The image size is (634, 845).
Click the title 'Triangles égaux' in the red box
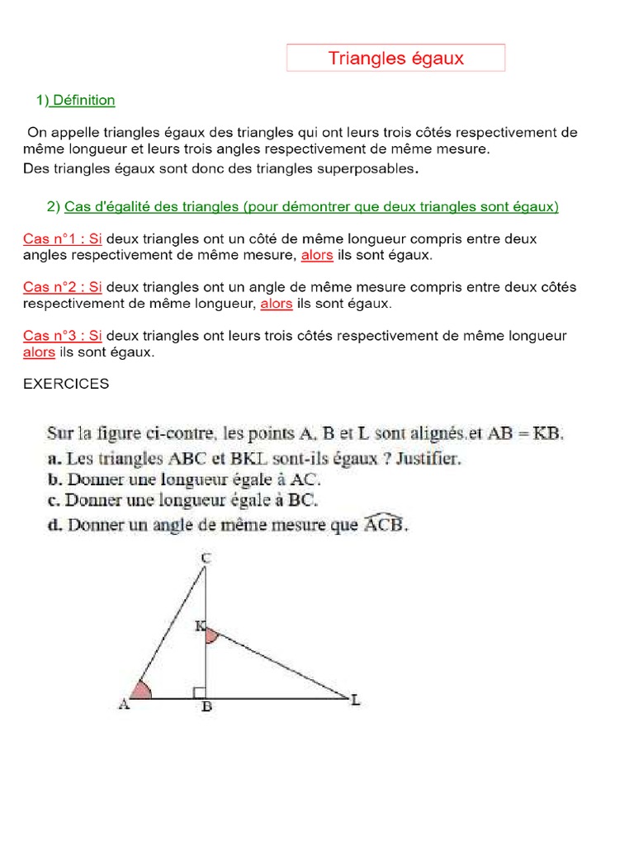395,58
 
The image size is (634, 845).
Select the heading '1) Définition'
75,101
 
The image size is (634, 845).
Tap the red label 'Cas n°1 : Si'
63,238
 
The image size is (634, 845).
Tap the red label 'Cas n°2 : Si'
63,287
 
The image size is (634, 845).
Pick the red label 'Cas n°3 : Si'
63,336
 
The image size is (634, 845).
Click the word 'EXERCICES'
66,385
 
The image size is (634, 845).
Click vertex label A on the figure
125,704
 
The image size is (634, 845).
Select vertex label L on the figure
356,701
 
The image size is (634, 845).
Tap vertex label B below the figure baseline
206,708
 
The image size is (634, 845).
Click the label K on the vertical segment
199,627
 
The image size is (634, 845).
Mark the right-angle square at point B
199,692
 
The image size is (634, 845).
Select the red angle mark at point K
211,635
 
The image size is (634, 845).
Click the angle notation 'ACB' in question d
384,524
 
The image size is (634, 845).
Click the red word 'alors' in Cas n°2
277,304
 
